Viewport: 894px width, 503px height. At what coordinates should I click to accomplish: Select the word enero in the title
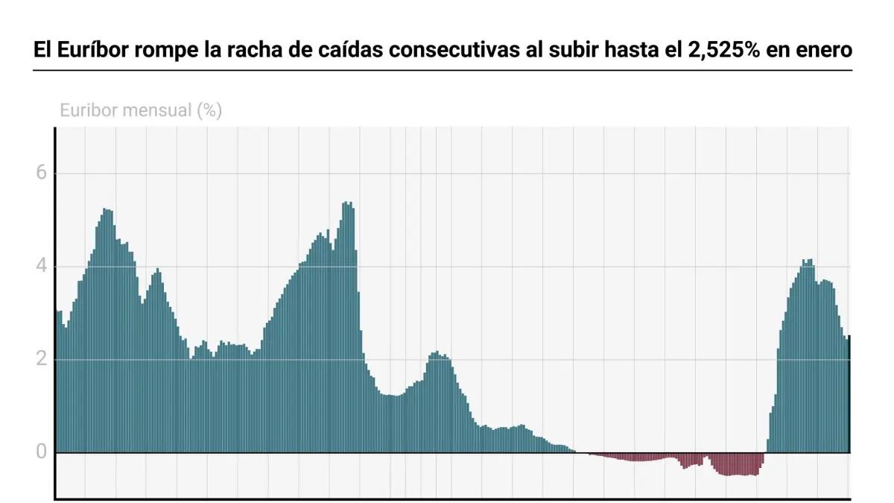pyautogui.click(x=825, y=51)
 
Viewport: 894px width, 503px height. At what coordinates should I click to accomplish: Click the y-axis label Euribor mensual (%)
pyautogui.click(x=140, y=111)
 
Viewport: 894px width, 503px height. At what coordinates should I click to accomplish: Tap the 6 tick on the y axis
pyautogui.click(x=41, y=174)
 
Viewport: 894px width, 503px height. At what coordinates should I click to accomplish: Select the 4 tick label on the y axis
pyautogui.click(x=41, y=266)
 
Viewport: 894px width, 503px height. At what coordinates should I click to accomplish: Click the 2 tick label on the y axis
pyautogui.click(x=41, y=359)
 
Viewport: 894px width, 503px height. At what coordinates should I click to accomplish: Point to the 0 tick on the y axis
pyautogui.click(x=41, y=452)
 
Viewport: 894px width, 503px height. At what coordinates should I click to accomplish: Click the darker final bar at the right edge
pyautogui.click(x=849, y=395)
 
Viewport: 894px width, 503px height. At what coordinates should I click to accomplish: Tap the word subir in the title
pyautogui.click(x=568, y=51)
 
